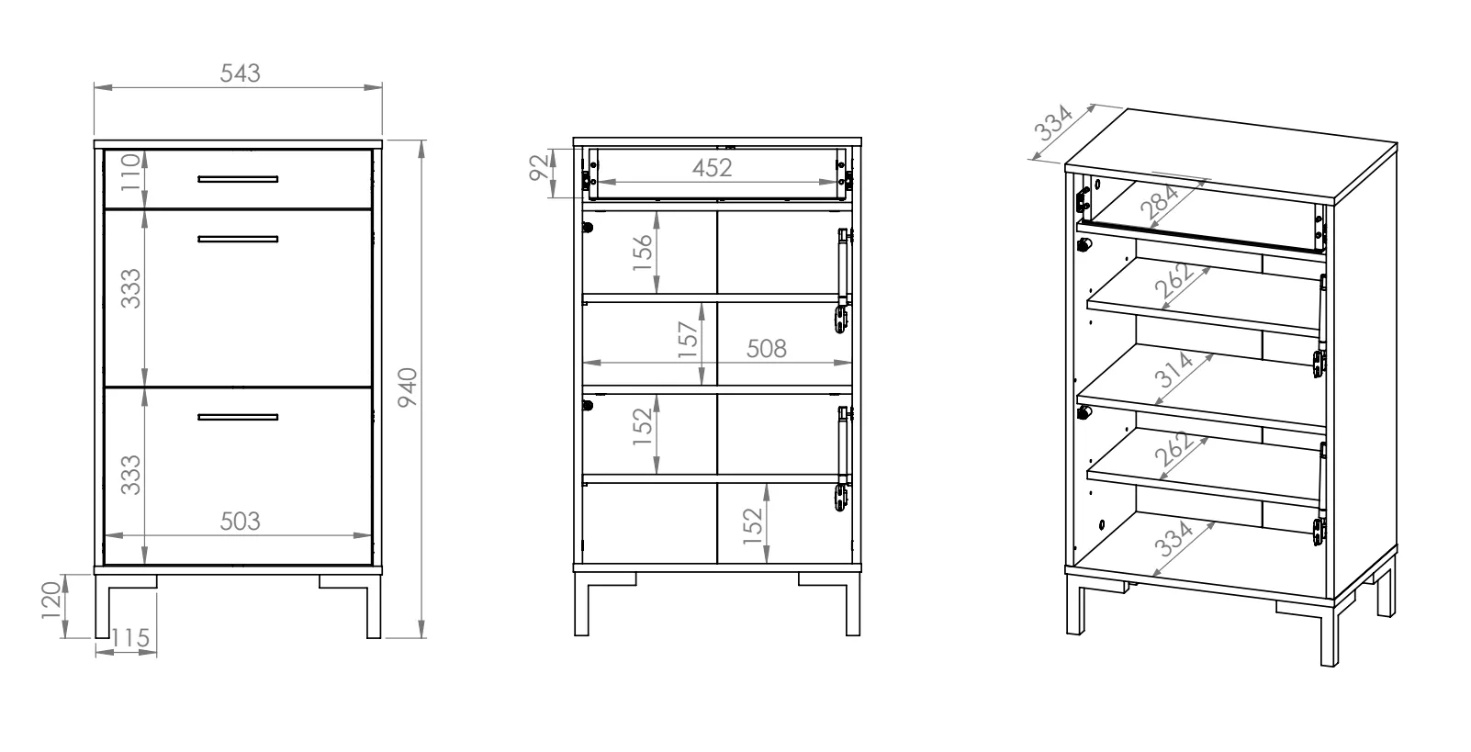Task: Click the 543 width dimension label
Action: [x=240, y=73]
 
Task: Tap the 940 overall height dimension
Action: [x=408, y=387]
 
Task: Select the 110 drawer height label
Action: [x=130, y=172]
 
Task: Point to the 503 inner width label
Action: [x=240, y=522]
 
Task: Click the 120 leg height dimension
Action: [x=51, y=600]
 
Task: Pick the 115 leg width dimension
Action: [x=130, y=638]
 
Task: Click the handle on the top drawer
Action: [x=238, y=179]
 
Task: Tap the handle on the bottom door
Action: [x=238, y=417]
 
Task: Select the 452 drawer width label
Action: [x=712, y=168]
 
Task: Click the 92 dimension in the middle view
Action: [x=538, y=167]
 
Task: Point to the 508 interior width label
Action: [x=767, y=349]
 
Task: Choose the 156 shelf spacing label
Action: [x=643, y=253]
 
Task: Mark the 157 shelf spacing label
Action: [x=688, y=340]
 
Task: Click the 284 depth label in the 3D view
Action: [x=1160, y=202]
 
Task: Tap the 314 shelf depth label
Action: [x=1173, y=370]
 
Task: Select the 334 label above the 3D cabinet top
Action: [x=1052, y=123]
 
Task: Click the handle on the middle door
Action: [x=238, y=239]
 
